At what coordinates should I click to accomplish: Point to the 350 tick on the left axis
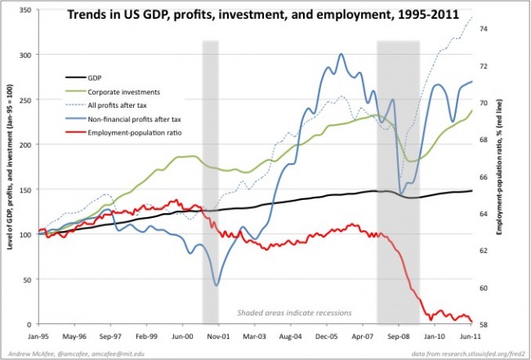[28, 10]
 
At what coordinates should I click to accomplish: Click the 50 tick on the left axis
[30, 279]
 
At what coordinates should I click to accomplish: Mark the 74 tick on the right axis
[483, 29]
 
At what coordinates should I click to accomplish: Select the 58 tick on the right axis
[483, 324]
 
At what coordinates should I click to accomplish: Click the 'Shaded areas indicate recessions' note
[294, 313]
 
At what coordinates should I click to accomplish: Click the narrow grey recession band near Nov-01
[210, 180]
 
